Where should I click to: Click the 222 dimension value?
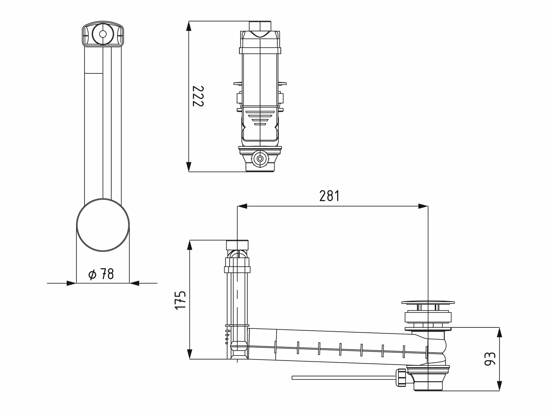coord(198,96)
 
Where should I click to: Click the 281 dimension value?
coord(329,196)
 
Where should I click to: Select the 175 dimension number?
coord(180,300)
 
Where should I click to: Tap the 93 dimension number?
coord(490,359)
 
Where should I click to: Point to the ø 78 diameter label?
coord(101,274)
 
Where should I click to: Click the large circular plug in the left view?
coord(103,225)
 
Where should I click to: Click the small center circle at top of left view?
coord(103,34)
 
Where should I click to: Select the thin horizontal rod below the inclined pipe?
coord(344,378)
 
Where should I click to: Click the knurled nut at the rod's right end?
coord(401,377)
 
